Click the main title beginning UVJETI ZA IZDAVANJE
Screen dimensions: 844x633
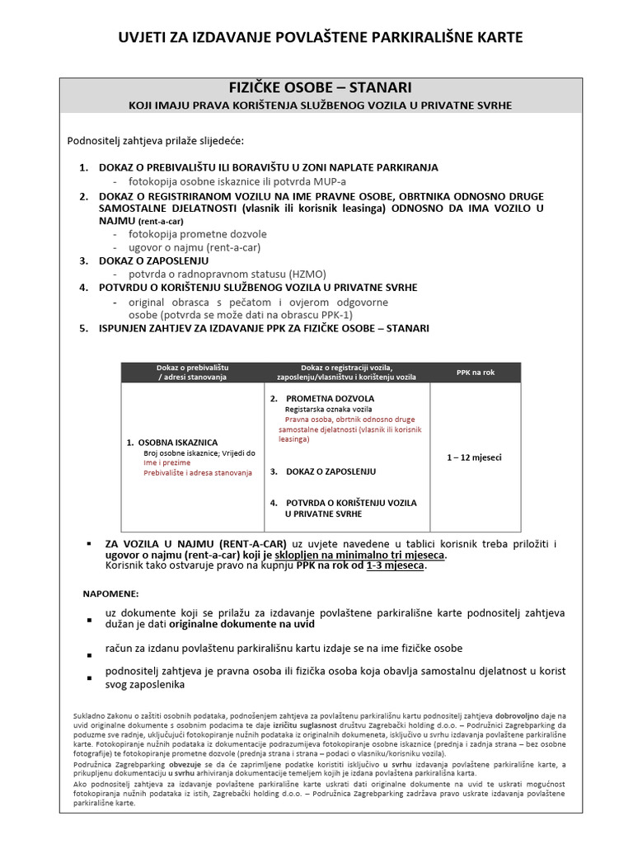[321, 37]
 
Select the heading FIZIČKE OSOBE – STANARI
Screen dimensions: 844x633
[320, 87]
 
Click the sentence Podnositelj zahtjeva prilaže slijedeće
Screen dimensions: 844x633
[155, 141]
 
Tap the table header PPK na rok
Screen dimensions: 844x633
[476, 372]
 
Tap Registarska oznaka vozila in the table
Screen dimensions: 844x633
[328, 410]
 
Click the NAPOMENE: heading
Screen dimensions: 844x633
[111, 593]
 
